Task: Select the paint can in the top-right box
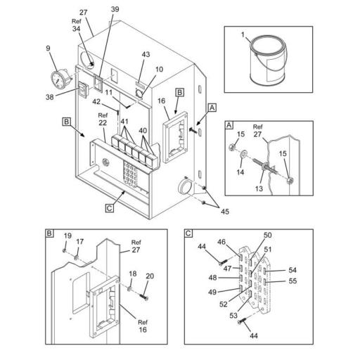point(269,60)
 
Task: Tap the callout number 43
point(146,54)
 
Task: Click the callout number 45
point(225,212)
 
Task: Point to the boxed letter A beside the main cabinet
point(212,108)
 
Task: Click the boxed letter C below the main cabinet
point(110,208)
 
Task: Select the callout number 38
point(49,97)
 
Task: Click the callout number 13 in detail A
point(259,188)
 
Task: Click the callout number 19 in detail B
point(67,236)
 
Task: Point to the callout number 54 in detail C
point(292,270)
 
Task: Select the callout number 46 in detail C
point(221,242)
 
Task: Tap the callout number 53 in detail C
point(233,316)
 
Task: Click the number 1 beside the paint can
point(243,34)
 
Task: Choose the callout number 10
point(159,70)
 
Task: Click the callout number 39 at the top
point(115,9)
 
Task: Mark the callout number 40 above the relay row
point(143,131)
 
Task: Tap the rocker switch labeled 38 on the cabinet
point(83,89)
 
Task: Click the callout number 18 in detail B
point(133,274)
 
